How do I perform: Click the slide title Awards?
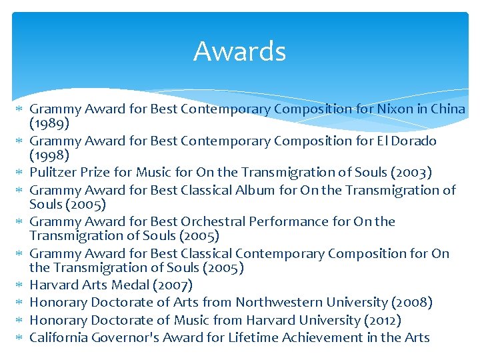point(239,51)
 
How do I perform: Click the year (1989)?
point(49,124)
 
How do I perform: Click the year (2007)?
point(174,286)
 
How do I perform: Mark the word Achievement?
point(313,337)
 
